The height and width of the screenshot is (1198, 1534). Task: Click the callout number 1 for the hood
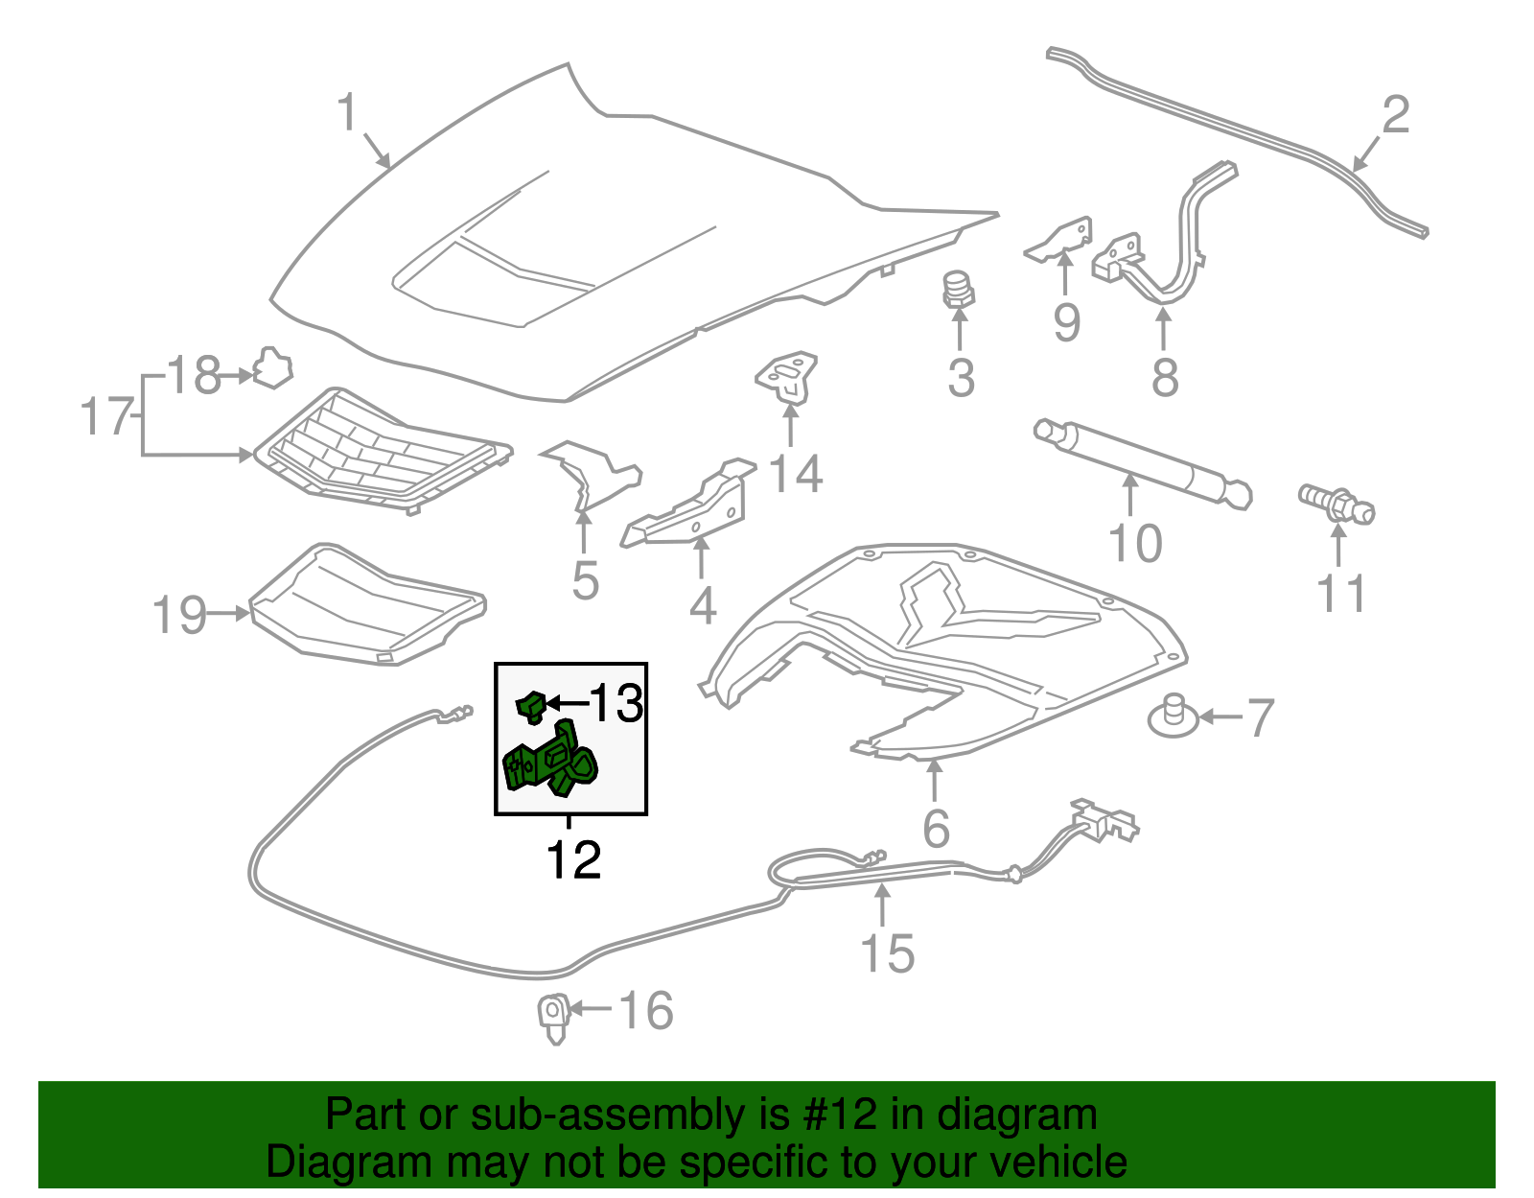(346, 113)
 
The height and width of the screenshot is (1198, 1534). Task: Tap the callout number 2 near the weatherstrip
(1395, 115)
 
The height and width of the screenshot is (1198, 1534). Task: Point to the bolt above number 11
(1336, 503)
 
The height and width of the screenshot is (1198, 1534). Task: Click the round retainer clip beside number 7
(1173, 717)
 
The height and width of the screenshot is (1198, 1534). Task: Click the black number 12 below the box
(572, 859)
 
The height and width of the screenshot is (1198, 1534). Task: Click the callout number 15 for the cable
(887, 952)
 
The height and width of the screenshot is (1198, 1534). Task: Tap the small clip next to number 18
(272, 368)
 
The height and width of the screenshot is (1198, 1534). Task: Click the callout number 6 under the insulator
(935, 828)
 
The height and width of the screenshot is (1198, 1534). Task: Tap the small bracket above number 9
(1062, 239)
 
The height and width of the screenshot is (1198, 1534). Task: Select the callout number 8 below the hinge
(1164, 377)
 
